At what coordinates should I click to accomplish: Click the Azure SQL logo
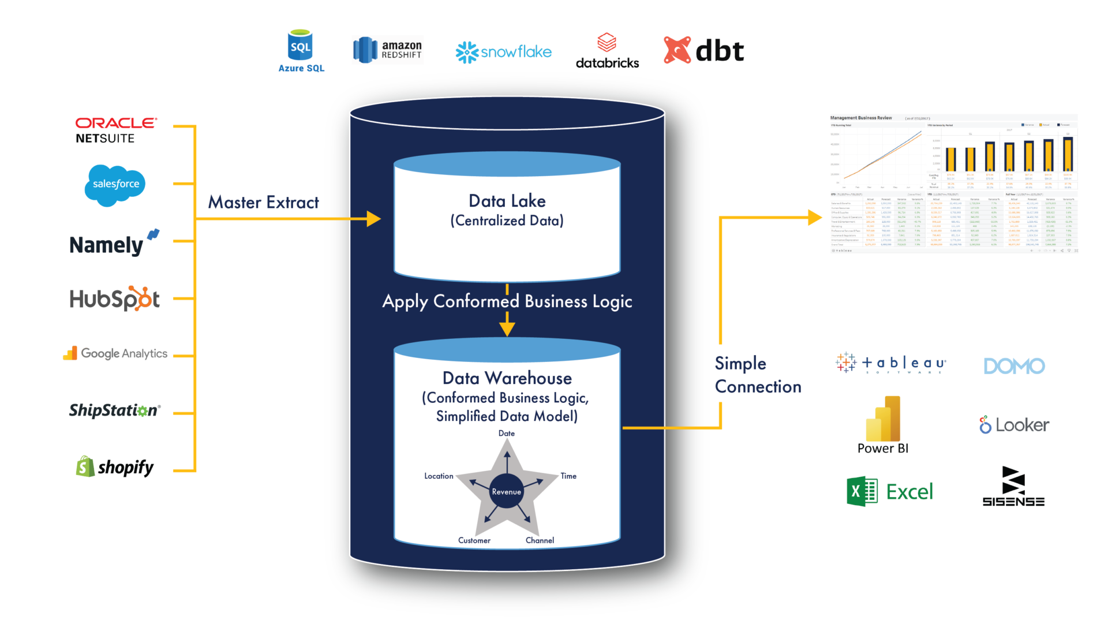click(x=301, y=51)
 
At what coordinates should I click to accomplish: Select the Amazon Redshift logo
click(x=388, y=50)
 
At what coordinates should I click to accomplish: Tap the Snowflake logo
click(x=503, y=52)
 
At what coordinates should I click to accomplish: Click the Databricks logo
click(x=607, y=51)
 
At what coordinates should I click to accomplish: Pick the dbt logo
click(x=703, y=51)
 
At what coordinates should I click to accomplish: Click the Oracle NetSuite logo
click(x=115, y=130)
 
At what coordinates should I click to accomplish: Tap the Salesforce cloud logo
click(x=115, y=184)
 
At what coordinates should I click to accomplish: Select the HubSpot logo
click(x=114, y=299)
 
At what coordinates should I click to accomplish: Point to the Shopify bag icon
click(x=85, y=466)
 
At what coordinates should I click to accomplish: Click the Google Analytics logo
click(x=115, y=353)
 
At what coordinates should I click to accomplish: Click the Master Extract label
click(x=263, y=202)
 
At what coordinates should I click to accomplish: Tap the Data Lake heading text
click(x=507, y=201)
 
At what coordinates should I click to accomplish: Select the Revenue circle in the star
click(x=506, y=491)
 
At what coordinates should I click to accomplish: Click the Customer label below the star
click(x=474, y=540)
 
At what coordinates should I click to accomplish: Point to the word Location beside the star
click(x=439, y=476)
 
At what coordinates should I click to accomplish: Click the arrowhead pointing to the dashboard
click(x=815, y=218)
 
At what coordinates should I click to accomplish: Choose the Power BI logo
click(x=883, y=424)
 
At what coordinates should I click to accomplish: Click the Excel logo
click(x=889, y=492)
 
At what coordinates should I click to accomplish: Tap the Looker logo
click(x=1014, y=425)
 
